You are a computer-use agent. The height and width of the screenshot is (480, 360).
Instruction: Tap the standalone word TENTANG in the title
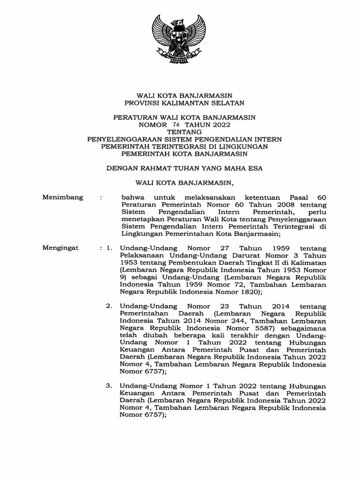point(180,132)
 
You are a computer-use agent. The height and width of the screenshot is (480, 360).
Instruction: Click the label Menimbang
point(63,197)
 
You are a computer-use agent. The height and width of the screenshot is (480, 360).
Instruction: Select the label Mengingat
point(60,247)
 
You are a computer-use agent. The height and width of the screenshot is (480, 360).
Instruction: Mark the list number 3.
point(108,386)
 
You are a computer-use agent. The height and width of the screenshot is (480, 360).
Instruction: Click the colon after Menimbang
point(102,198)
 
